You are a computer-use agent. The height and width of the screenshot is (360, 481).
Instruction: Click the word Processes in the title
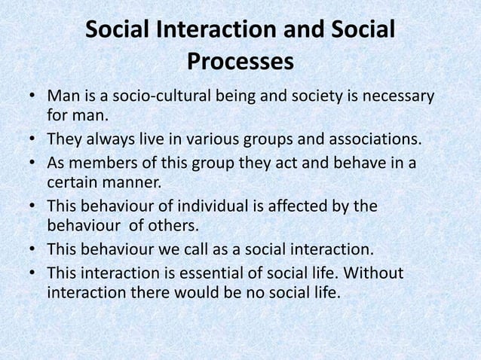click(x=240, y=62)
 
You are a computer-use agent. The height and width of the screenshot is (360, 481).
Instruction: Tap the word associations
click(x=369, y=140)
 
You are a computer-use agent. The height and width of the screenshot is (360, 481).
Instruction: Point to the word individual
click(x=213, y=206)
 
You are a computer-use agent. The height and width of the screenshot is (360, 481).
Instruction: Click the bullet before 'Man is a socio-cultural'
click(x=34, y=98)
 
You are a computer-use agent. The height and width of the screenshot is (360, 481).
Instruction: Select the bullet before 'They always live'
click(x=34, y=141)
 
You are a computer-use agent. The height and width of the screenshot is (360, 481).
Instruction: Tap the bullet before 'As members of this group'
click(x=34, y=163)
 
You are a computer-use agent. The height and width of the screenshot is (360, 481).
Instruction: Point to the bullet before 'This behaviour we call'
click(x=34, y=249)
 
